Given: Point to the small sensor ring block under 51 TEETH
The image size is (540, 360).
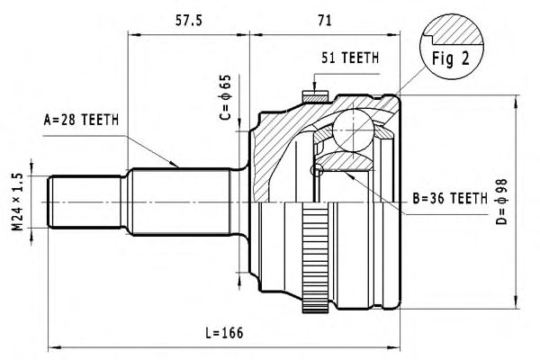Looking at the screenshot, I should pos(317,94).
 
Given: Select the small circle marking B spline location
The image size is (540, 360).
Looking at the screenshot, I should pos(316,170).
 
